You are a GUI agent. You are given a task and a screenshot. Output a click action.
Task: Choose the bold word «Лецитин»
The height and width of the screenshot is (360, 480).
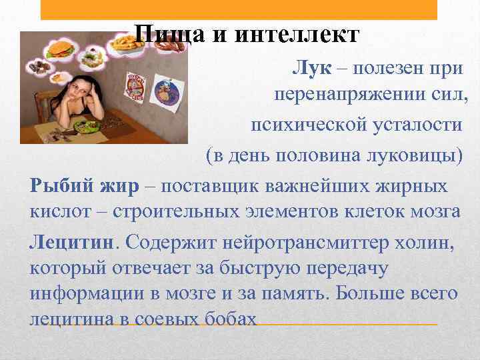click(71, 241)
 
